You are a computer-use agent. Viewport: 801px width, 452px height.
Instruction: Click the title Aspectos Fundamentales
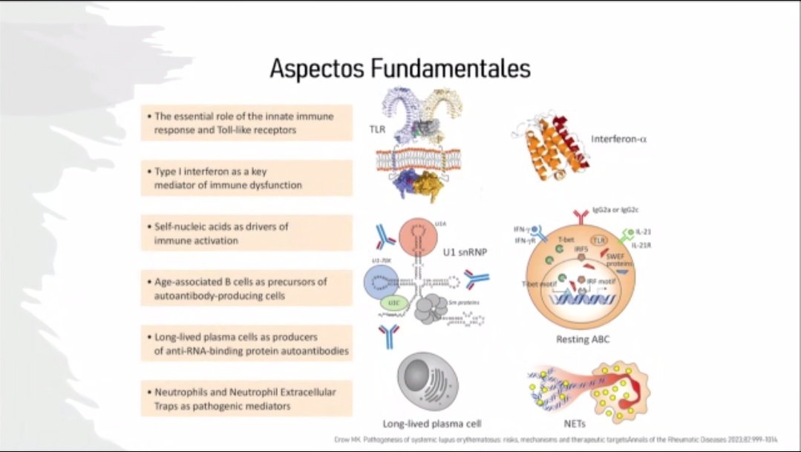[x=399, y=69]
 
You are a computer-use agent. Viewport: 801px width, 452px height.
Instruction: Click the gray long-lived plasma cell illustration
[x=428, y=378]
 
